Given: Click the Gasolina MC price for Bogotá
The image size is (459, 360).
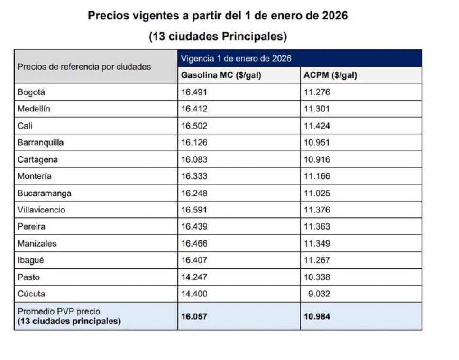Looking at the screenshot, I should [x=194, y=92].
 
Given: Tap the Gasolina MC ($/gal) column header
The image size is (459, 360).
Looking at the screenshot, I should [x=221, y=75].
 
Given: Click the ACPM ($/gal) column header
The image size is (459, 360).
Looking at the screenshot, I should [x=330, y=75].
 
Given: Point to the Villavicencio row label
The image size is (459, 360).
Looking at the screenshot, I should [x=41, y=210].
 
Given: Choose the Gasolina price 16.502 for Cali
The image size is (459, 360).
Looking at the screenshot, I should [x=194, y=126].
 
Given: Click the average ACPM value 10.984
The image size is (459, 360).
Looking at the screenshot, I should [x=317, y=316].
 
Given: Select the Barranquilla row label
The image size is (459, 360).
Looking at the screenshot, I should [x=40, y=142].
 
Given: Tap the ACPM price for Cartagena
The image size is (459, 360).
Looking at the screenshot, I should [x=317, y=159].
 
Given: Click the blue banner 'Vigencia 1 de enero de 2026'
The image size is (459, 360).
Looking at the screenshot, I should [x=236, y=59].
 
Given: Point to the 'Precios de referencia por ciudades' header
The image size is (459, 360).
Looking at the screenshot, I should [x=84, y=66].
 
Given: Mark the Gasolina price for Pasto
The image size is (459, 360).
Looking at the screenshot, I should [x=194, y=277].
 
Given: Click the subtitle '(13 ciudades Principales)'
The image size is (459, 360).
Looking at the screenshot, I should [x=218, y=37].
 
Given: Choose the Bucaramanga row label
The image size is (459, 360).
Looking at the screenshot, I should [x=45, y=193].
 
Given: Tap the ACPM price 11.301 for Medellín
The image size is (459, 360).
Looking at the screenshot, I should [x=317, y=109].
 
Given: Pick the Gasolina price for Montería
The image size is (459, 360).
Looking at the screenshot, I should [x=194, y=176].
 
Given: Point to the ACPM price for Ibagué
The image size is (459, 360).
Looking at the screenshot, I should [x=317, y=260].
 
